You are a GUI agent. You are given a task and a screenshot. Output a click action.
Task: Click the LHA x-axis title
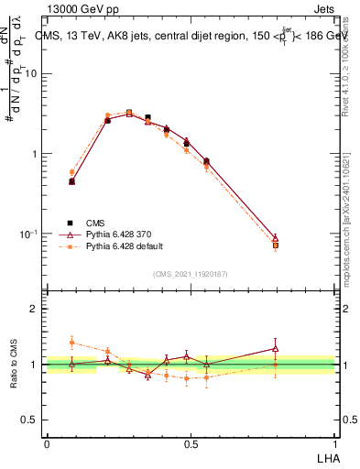325,457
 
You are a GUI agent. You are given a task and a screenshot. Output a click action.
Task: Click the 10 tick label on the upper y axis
30,74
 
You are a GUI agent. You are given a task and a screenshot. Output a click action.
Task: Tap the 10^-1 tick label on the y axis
27,234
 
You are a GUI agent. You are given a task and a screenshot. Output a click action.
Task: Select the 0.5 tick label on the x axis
191,443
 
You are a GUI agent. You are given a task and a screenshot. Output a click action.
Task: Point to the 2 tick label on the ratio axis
34,309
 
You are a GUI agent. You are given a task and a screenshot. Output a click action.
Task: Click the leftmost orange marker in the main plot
71,171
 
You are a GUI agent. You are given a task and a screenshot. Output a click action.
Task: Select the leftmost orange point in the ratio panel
71,343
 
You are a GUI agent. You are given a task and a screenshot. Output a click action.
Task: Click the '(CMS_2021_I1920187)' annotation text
191,273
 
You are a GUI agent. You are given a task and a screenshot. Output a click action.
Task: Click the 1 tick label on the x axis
334,443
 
